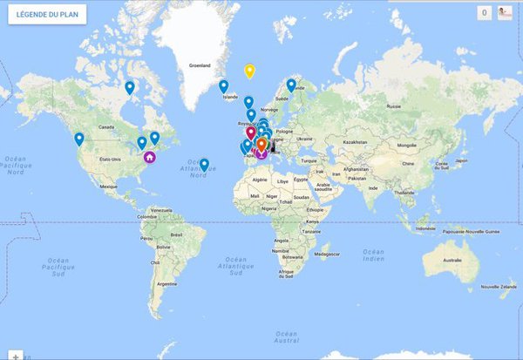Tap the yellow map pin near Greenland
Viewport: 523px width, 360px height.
249,71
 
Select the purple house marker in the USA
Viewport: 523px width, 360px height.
150,157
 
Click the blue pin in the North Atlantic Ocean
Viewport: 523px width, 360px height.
204,164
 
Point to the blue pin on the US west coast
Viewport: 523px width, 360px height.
79,138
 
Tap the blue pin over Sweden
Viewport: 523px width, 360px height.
291,85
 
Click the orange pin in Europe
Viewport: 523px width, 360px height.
261,143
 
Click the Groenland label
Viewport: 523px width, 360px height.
200,65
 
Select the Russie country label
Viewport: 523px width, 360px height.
397,106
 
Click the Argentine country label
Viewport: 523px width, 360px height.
157,284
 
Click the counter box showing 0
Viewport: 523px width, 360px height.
484,13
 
